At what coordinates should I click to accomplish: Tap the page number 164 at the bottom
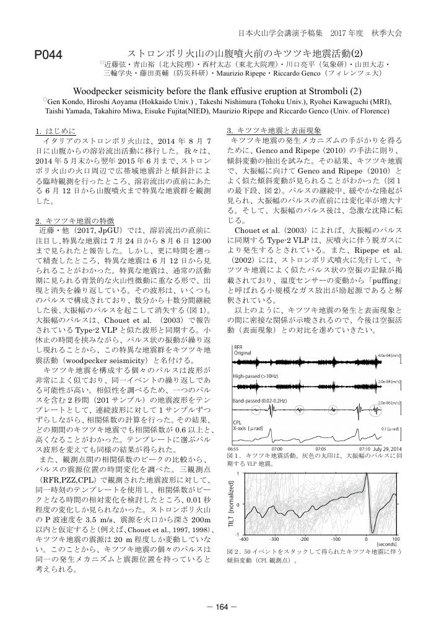click(222, 607)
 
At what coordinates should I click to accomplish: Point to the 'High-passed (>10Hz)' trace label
click(255, 376)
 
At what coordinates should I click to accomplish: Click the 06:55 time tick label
click(234, 448)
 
